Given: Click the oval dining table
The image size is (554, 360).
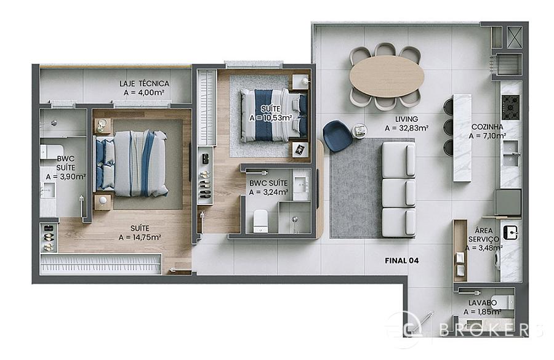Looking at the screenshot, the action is (387, 76).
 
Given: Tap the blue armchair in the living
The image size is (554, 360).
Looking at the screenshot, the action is (337, 135).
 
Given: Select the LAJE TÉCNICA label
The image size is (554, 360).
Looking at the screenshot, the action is (144, 84).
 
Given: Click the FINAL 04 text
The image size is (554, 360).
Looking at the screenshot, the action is (402, 261).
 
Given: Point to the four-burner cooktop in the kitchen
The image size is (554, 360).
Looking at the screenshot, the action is (510, 107).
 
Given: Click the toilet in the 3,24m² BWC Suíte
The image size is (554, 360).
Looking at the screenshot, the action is (261, 221).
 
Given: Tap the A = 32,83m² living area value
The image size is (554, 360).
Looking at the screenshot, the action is (407, 128).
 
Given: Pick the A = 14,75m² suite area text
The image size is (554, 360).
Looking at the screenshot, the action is (140, 238).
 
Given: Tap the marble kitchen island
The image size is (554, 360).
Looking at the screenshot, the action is (462, 138).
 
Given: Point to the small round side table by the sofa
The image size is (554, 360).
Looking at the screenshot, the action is (359, 130).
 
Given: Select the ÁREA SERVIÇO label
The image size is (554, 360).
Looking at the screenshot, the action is (484, 235).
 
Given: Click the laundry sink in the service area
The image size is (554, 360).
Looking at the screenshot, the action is (510, 233).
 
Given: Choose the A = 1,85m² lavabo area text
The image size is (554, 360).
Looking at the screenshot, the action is (482, 312).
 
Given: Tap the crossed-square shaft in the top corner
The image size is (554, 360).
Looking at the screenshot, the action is (515, 37).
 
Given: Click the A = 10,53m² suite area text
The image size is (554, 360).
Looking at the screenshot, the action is (271, 118).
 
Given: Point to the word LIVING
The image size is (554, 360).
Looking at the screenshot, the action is (406, 119).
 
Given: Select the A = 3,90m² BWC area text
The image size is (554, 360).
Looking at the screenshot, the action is (66, 176).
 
